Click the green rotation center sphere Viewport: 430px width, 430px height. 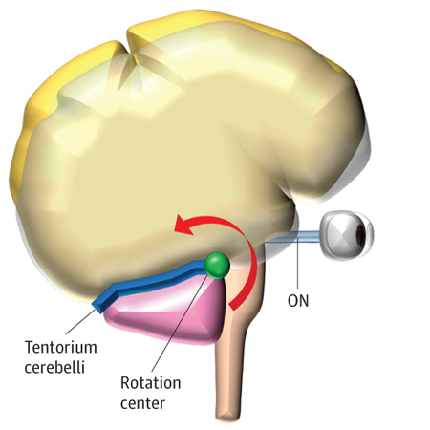click(x=217, y=266)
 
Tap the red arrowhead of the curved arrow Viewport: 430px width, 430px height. click(x=183, y=225)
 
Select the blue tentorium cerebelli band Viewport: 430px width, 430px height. click(x=150, y=285)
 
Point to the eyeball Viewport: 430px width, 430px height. click(x=347, y=235)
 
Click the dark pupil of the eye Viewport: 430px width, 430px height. click(x=360, y=235)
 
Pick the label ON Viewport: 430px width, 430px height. click(x=298, y=300)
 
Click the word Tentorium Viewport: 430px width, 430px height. click(x=61, y=347)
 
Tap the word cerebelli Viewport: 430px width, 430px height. click(x=54, y=367)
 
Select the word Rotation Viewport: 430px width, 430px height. click(x=151, y=383)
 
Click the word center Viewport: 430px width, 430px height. click(x=142, y=403)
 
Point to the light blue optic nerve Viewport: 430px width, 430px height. click(x=292, y=237)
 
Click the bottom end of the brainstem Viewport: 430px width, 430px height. click(x=227, y=418)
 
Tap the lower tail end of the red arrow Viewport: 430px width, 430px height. click(x=233, y=307)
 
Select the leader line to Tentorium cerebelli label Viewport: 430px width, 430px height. click(x=80, y=321)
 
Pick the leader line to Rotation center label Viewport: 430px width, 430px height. click(x=180, y=322)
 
